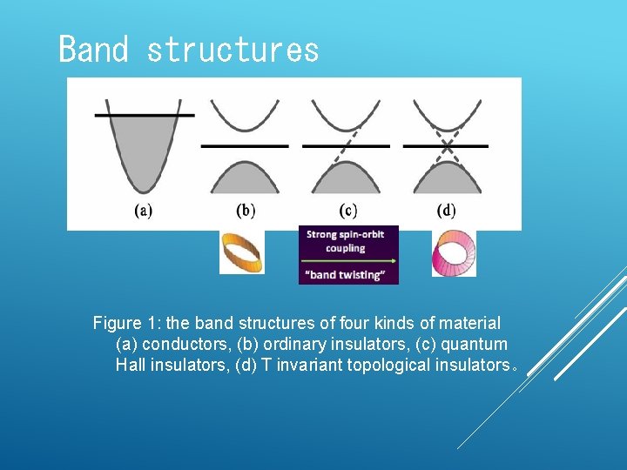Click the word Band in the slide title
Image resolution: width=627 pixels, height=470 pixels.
coord(92,50)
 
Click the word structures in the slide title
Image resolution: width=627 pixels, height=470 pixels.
coord(233,50)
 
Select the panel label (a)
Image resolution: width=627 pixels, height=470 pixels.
coord(143,211)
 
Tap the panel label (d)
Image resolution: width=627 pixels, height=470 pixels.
coord(446,211)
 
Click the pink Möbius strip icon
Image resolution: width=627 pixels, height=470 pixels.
coord(454,254)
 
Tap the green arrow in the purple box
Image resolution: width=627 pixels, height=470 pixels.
coord(347,261)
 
